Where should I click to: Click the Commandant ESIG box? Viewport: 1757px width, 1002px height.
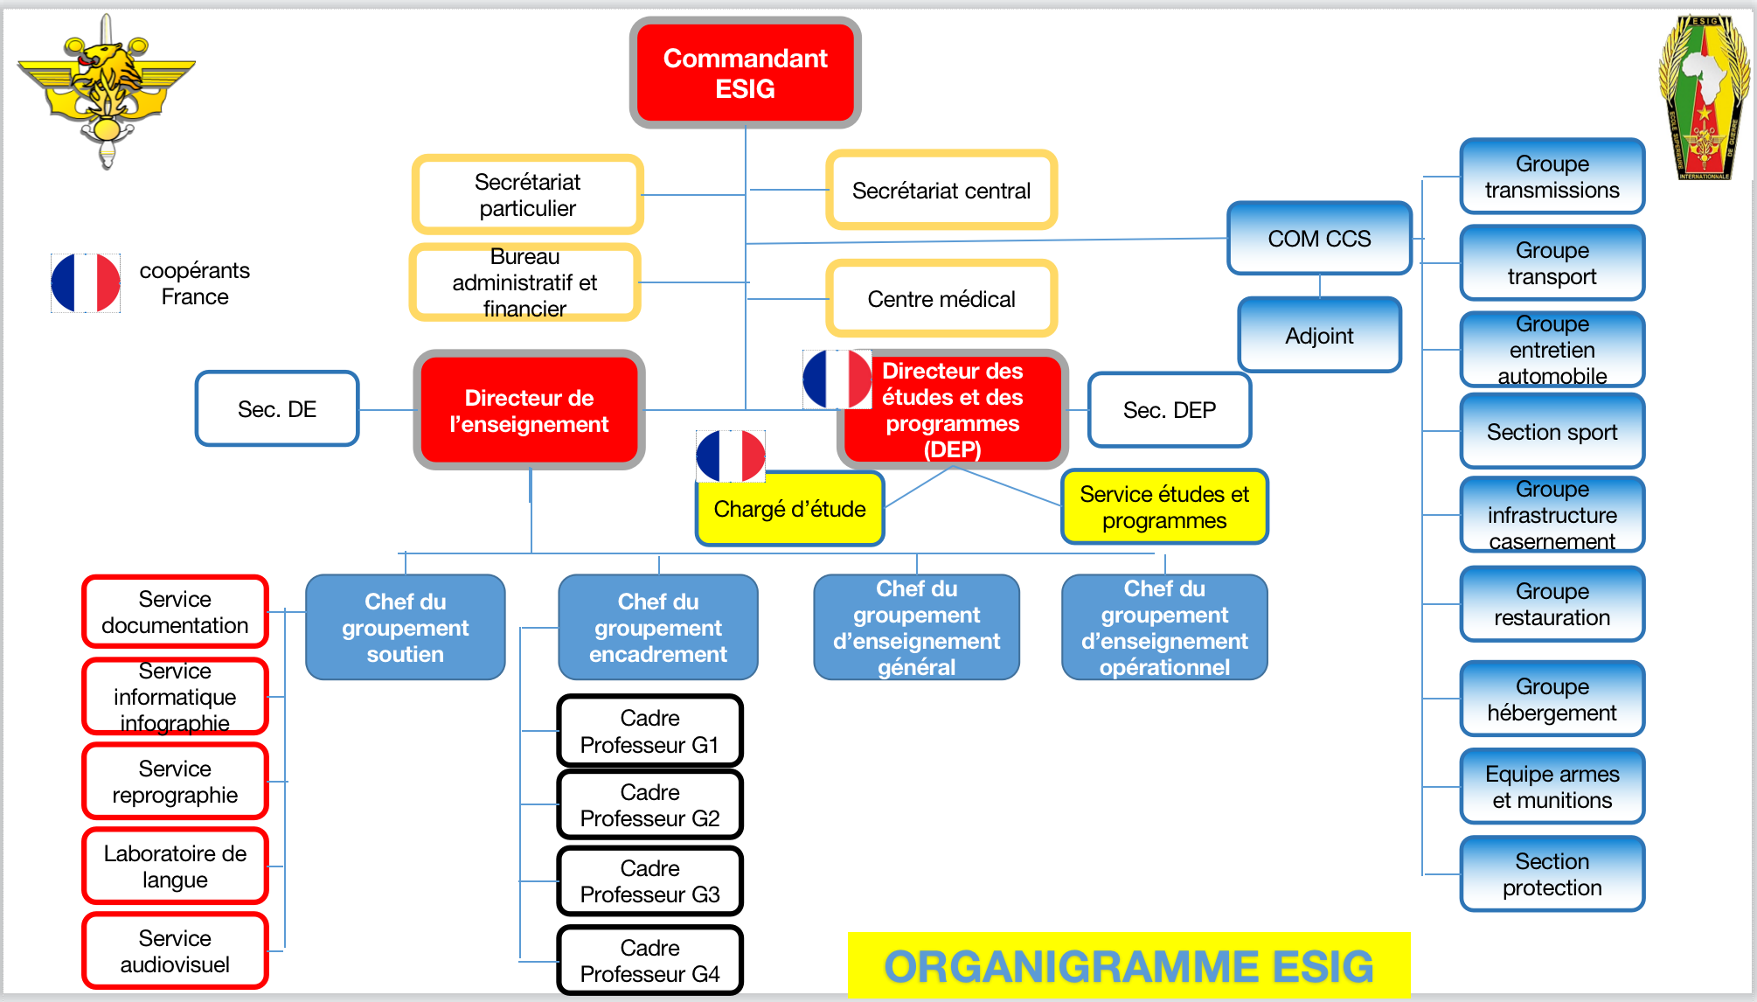tap(745, 73)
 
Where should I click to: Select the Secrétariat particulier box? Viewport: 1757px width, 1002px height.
tap(527, 195)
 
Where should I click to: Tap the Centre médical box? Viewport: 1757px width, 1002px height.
tap(941, 299)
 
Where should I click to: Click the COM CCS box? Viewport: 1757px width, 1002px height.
tap(1319, 239)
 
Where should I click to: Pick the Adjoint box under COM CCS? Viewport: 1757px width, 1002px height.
tap(1319, 336)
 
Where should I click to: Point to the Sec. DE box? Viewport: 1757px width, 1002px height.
tap(277, 409)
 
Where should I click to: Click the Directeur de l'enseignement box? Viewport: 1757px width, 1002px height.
tap(529, 411)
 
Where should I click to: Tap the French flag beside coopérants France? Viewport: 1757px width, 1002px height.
tap(86, 283)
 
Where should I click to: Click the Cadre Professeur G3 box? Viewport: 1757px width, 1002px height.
tap(649, 881)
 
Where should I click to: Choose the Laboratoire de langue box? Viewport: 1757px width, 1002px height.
tap(175, 866)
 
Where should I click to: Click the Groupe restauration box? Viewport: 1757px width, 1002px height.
tap(1552, 604)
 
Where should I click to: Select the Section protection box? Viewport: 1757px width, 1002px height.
tap(1552, 874)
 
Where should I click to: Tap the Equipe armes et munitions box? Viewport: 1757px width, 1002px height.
tap(1552, 787)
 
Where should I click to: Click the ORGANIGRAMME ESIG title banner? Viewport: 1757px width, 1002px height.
tap(1128, 966)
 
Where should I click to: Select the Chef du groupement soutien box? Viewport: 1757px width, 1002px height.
tap(405, 628)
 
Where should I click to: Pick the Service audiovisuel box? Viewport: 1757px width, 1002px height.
tap(175, 951)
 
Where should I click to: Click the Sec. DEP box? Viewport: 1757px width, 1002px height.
tap(1169, 410)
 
